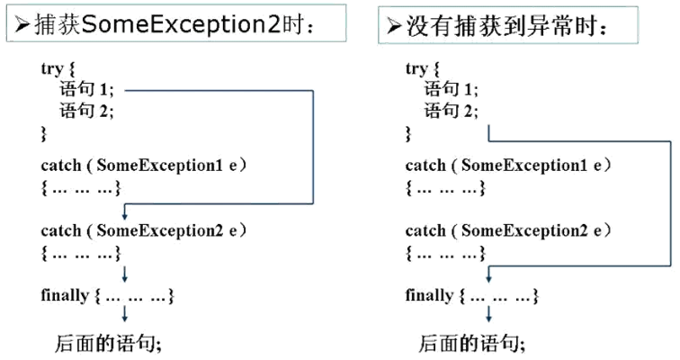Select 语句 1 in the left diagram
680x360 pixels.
coord(87,90)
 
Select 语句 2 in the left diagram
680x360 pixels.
coord(87,111)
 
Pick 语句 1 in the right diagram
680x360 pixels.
coord(452,90)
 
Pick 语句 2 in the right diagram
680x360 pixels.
coord(452,111)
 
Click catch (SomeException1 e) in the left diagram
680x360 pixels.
coord(144,166)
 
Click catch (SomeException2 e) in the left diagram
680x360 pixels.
coord(144,230)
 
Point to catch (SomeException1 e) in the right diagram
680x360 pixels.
coord(508,166)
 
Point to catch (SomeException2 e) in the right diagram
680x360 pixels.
coord(508,230)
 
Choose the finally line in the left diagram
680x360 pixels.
coord(106,295)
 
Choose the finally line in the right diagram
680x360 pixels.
coord(471,295)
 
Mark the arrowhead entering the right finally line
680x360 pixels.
coord(488,280)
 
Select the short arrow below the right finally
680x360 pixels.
coord(488,315)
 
